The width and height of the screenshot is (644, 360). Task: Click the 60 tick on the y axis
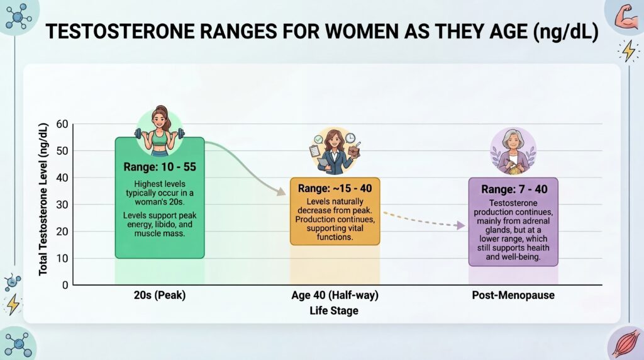tap(62, 124)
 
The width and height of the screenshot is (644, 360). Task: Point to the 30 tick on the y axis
tap(62, 205)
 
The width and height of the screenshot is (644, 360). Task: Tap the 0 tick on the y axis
tap(64, 285)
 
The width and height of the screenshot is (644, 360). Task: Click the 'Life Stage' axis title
tap(334, 310)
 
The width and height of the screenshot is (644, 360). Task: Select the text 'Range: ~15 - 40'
tap(335, 188)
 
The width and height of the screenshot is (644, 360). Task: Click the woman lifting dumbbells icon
tap(160, 131)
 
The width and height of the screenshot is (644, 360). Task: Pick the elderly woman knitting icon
tap(513, 151)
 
